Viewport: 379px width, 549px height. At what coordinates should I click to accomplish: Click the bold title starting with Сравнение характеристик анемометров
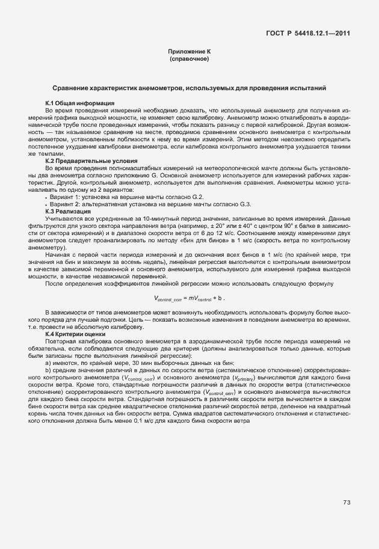pos(189,88)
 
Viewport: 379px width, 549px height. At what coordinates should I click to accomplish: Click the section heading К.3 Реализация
pos(68,212)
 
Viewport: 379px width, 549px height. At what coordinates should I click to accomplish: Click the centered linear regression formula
pos(189,298)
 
